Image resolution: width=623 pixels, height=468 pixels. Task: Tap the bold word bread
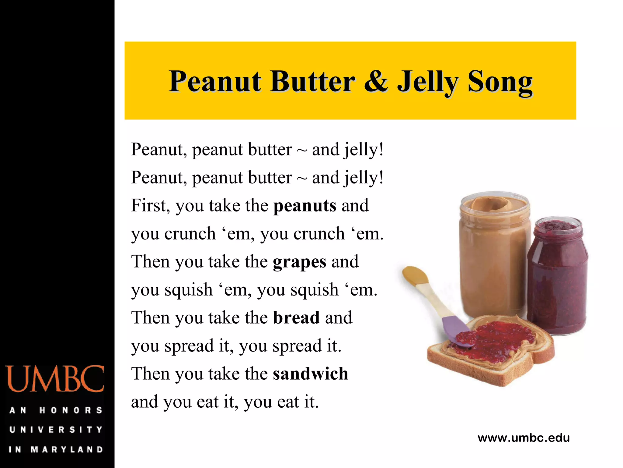pos(296,318)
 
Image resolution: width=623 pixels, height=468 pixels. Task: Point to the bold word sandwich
pos(310,374)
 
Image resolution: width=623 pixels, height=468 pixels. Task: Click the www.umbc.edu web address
pos(524,438)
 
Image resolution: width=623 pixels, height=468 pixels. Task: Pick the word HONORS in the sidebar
pos(71,410)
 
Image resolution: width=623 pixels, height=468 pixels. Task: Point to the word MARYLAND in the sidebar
pos(67,449)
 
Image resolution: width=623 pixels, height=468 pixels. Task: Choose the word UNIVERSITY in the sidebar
pos(56,430)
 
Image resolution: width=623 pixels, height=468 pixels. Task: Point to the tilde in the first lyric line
pos(302,151)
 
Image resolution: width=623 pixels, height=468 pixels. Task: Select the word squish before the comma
pos(188,290)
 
